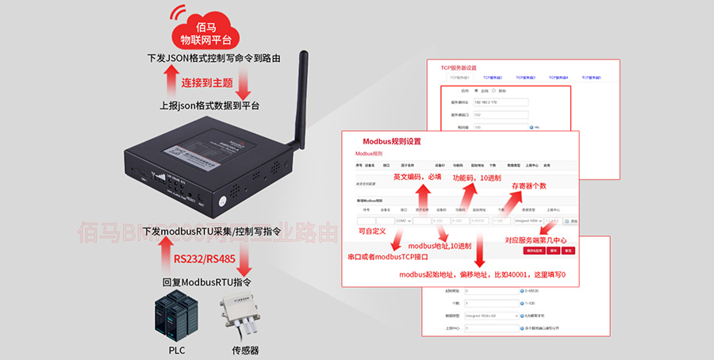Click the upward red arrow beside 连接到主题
170,81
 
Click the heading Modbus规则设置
392,141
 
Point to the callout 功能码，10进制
477,178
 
